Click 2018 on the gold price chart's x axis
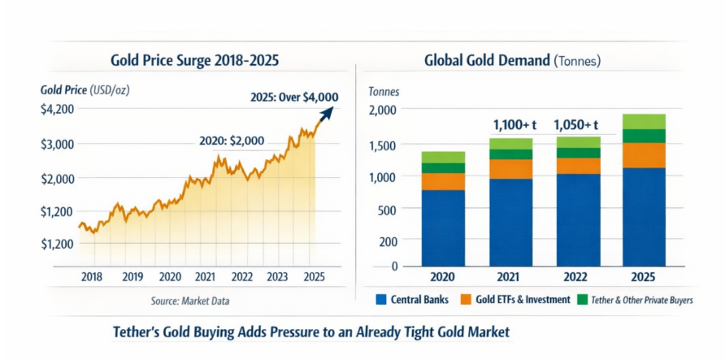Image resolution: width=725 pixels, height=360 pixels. (93, 276)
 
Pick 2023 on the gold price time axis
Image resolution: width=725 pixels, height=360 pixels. (278, 276)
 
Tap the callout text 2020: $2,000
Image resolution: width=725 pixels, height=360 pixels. (232, 141)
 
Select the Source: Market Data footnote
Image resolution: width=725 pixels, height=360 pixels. (190, 301)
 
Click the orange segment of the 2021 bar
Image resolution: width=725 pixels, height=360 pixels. (511, 169)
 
